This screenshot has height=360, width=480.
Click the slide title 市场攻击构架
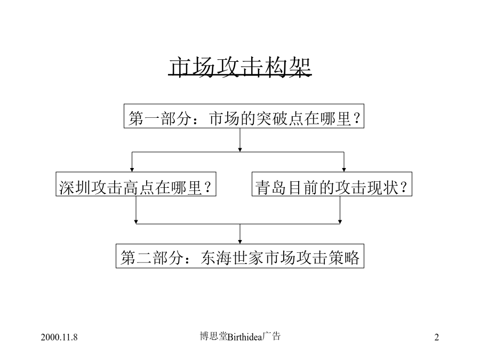[x=240, y=67]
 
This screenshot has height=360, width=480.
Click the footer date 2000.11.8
[x=59, y=338]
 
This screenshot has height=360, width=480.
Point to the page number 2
[x=436, y=338]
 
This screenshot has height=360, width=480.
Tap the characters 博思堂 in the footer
[x=214, y=337]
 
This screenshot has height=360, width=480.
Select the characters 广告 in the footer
[x=271, y=337]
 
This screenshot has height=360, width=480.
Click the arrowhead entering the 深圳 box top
[x=132, y=170]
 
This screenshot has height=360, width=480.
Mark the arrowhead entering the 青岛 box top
[x=344, y=170]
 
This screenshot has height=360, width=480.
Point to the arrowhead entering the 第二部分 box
[x=240, y=242]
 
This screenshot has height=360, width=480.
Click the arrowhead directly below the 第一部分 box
[x=240, y=150]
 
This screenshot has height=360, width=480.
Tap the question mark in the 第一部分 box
[x=356, y=118]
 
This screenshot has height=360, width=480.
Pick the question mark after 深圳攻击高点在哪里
[x=208, y=187]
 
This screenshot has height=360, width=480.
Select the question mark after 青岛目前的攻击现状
[x=404, y=187]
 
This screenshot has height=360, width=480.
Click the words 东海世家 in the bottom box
[x=232, y=258]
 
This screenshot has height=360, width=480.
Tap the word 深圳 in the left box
[x=75, y=188]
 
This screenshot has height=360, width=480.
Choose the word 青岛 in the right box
[x=271, y=188]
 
